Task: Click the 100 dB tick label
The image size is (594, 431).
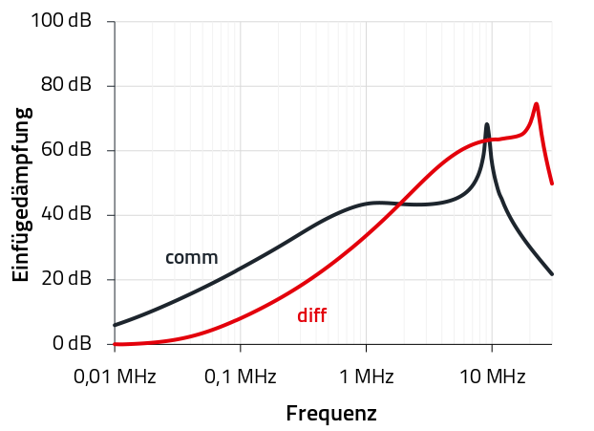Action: (60, 21)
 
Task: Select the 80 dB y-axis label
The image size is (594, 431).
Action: (65, 86)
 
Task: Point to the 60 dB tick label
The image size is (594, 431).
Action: (65, 150)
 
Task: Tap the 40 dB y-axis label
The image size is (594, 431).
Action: (65, 215)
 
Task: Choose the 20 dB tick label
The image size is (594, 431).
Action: (65, 279)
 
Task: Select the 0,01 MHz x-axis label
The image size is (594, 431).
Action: (114, 377)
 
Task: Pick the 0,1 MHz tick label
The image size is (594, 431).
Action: (240, 377)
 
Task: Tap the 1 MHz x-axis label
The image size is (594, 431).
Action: (366, 377)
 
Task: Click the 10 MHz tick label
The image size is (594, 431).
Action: (492, 377)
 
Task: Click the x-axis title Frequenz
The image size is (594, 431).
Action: (331, 414)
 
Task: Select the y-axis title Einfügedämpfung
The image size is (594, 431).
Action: (21, 194)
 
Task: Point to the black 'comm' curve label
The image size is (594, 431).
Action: (191, 257)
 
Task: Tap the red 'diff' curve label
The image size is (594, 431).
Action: (312, 314)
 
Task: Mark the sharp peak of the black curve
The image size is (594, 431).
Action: (487, 124)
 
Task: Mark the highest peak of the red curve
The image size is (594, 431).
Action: (537, 103)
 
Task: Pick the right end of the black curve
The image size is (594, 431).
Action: (552, 274)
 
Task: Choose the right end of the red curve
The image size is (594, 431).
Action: (552, 183)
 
